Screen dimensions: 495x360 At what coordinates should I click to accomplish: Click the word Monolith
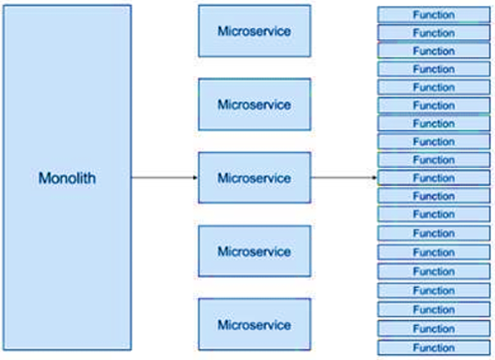[67, 177]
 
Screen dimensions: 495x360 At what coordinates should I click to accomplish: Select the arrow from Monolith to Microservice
[165, 177]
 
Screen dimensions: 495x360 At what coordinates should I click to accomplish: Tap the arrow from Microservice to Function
[344, 177]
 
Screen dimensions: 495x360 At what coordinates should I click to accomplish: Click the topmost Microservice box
[255, 31]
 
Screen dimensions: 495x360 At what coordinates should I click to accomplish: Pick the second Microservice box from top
[255, 104]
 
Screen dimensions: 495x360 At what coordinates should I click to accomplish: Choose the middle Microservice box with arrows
[255, 177]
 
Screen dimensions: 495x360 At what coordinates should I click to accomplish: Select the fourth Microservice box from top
[255, 251]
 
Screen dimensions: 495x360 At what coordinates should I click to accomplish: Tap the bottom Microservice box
[255, 324]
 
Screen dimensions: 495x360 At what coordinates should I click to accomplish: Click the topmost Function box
[434, 14]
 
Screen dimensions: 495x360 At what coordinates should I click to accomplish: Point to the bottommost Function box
[434, 347]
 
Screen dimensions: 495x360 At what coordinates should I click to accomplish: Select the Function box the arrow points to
[434, 177]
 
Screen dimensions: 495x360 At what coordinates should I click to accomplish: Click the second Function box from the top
[434, 32]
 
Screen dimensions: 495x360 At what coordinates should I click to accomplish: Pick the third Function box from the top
[434, 51]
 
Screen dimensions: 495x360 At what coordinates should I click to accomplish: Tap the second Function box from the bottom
[434, 329]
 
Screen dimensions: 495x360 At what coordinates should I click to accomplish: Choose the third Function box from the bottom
[434, 309]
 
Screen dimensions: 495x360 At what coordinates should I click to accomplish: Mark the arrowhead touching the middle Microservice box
[196, 177]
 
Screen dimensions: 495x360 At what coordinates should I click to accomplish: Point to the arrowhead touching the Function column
[375, 177]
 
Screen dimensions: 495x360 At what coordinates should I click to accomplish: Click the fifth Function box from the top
[434, 87]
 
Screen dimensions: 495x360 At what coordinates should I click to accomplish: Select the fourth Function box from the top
[434, 69]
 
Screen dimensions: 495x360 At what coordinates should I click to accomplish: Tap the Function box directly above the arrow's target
[434, 160]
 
